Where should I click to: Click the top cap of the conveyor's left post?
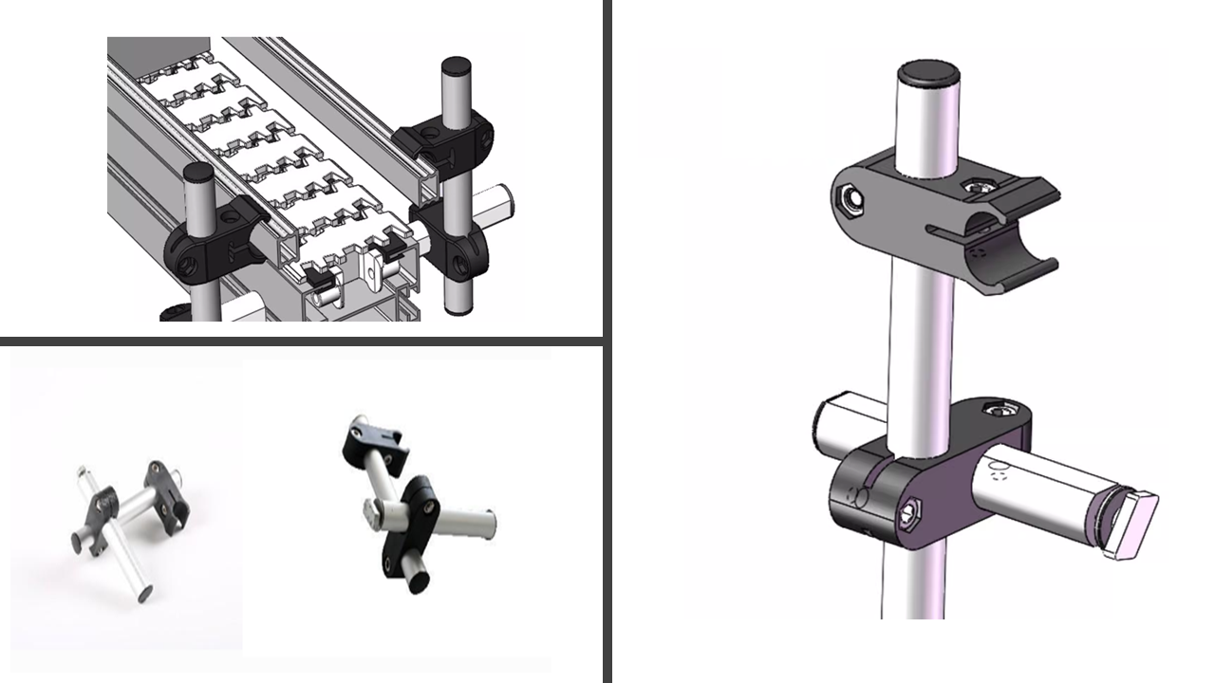[x=198, y=173]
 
